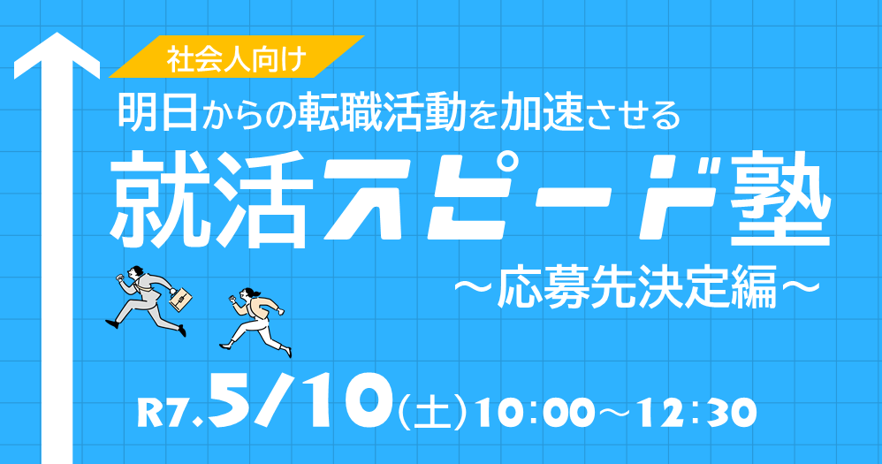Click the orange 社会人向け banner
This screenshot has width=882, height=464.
237,57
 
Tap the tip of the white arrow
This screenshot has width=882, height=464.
57,33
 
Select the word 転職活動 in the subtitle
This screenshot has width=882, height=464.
382,112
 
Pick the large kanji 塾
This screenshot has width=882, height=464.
780,200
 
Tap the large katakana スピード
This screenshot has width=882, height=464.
521,200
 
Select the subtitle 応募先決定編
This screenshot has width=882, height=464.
636,288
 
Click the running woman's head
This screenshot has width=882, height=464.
248,293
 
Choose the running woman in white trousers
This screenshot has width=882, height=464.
256,322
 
